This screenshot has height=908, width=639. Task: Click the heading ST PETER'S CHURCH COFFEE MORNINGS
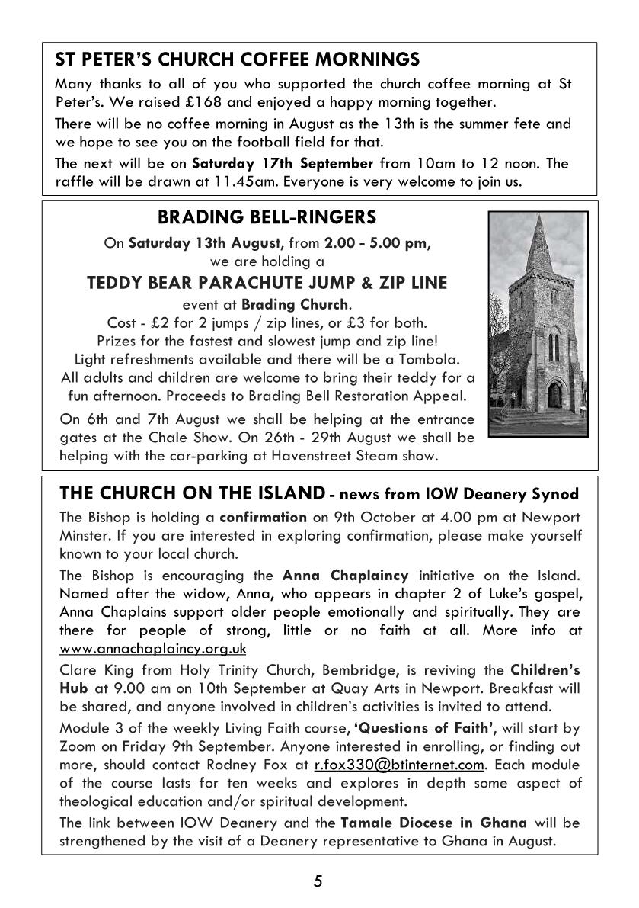[x=238, y=60]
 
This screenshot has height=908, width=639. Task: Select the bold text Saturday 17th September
[x=283, y=163]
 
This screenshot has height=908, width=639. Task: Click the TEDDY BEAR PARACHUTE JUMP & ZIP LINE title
[x=267, y=283]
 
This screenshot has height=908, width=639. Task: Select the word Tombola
[x=432, y=358]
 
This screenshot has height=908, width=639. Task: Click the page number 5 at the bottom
[x=318, y=882]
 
